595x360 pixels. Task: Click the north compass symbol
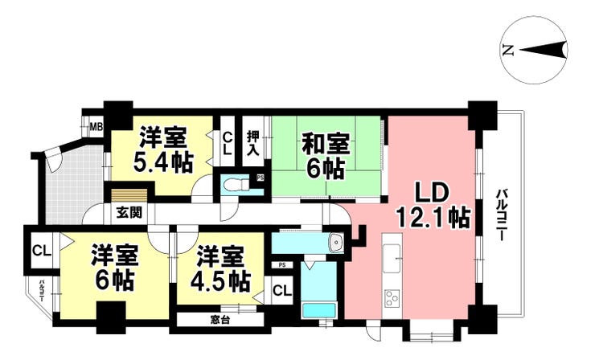click(x=535, y=51)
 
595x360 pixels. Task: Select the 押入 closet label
click(x=253, y=143)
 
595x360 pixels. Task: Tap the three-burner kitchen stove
click(x=392, y=297)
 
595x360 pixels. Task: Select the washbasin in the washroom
click(x=335, y=241)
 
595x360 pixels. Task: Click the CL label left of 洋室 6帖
click(x=42, y=251)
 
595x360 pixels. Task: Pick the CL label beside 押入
click(x=227, y=143)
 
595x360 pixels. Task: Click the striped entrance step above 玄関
click(x=129, y=195)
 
